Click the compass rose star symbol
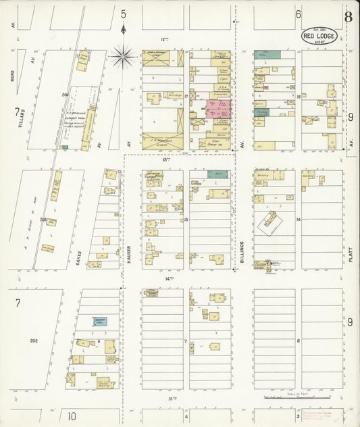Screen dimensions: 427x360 122,55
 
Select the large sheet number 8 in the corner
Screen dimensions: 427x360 347,17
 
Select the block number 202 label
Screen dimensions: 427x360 34,342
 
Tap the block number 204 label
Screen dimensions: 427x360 66,95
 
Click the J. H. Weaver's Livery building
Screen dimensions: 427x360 162,141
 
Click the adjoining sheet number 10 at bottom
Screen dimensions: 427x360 71,416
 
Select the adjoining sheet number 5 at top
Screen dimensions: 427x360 123,14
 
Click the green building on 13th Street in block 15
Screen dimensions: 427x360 217,174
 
